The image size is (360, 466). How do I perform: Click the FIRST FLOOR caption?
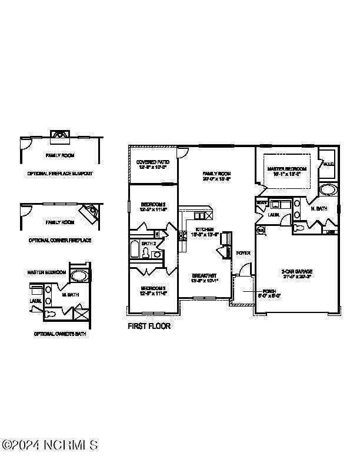click(x=149, y=325)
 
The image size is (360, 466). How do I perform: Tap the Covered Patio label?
click(x=152, y=164)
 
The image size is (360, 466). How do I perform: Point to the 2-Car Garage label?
click(x=296, y=273)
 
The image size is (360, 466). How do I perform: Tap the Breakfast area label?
click(x=205, y=278)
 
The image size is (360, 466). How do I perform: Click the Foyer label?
click(x=243, y=253)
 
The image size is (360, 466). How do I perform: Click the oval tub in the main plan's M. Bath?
click(x=326, y=189)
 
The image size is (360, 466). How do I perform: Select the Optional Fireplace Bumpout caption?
click(x=60, y=174)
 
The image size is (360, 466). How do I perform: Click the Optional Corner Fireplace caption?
click(x=60, y=241)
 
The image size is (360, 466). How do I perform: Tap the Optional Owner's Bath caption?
click(x=60, y=334)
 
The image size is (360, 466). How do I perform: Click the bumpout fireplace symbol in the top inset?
click(x=59, y=134)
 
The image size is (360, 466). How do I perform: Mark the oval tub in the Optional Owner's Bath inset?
click(x=78, y=275)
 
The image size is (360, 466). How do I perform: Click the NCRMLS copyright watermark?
click(x=49, y=444)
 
